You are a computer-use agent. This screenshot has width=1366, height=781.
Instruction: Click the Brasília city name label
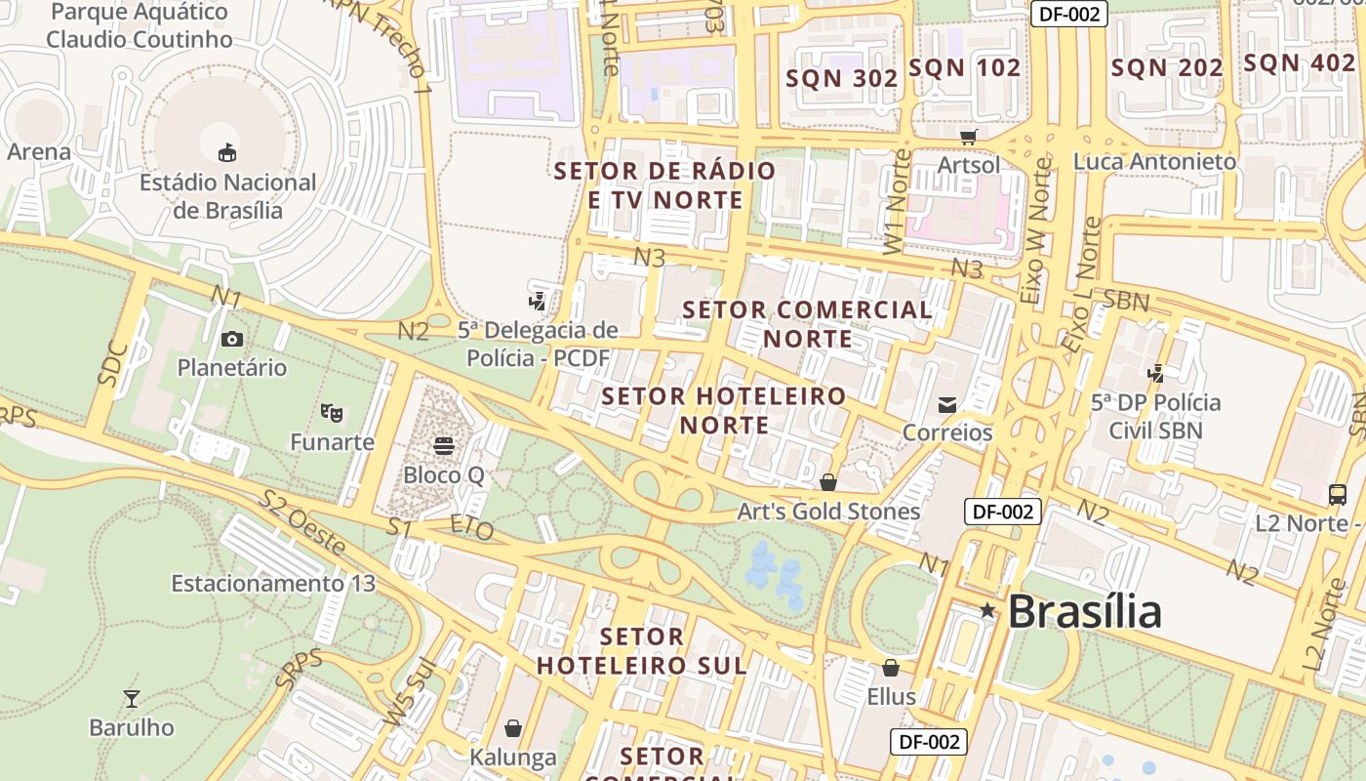(1084, 612)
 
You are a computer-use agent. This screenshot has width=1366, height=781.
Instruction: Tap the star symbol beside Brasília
(987, 611)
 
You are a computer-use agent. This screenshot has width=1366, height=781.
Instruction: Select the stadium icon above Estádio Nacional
(227, 152)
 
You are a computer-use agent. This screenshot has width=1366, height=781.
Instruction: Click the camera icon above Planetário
(232, 339)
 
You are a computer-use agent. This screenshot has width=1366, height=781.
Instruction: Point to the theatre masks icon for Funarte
(332, 413)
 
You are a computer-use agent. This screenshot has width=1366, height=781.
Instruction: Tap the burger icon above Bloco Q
(444, 446)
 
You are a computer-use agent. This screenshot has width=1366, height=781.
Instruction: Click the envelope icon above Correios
(946, 404)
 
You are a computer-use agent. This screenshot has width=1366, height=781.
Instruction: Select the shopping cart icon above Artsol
(968, 137)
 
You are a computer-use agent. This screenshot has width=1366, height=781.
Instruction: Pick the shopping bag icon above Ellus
(891, 668)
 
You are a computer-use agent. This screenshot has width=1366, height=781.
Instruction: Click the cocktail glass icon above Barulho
(132, 698)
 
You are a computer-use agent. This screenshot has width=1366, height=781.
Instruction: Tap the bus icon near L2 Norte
(1338, 495)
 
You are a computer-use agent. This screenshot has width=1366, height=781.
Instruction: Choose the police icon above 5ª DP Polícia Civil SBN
(1156, 373)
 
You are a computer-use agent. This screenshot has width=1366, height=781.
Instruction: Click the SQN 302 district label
(842, 79)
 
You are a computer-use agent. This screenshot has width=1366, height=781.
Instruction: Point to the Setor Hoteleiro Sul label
(642, 651)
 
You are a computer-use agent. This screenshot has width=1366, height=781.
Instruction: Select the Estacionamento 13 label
(273, 584)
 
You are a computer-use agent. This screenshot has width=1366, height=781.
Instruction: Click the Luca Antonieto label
(1154, 162)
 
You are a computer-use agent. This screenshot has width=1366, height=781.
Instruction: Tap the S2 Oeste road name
(302, 523)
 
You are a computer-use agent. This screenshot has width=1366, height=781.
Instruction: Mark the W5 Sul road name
(410, 694)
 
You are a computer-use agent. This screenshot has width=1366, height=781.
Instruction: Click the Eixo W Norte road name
(1037, 232)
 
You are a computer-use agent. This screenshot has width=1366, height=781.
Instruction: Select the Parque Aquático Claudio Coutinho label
(140, 26)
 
